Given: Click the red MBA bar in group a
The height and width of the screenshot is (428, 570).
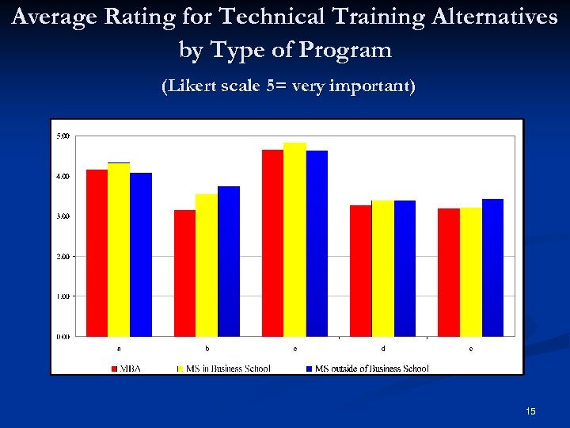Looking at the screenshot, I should point(97,253).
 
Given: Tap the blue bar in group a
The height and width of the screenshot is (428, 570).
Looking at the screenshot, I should point(141,254).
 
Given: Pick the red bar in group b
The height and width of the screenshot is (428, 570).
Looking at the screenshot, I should point(184,273).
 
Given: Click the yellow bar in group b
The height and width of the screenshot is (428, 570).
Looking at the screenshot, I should point(207,265).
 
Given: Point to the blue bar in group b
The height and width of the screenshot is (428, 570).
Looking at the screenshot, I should point(229,261).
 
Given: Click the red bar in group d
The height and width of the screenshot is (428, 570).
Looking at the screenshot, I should point(361,270).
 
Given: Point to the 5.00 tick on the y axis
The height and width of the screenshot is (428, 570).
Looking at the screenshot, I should point(63,136).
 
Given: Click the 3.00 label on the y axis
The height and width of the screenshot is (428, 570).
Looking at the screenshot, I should point(63,216).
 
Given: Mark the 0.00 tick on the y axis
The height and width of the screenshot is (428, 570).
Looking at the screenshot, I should point(63,336).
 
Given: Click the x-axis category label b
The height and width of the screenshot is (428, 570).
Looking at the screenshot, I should point(207,348).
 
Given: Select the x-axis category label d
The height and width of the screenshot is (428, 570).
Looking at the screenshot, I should point(383,348).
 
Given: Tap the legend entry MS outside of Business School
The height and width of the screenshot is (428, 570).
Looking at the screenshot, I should point(371,369).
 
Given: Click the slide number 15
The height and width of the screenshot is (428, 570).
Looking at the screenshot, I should point(530,411).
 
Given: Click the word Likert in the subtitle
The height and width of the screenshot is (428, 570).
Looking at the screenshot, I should point(189,86).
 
